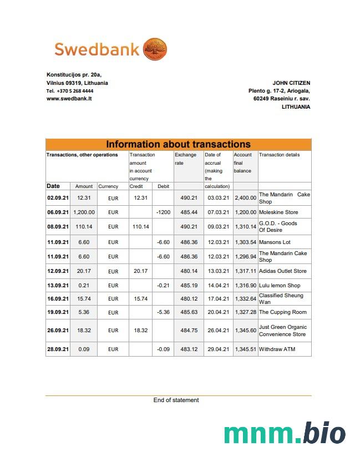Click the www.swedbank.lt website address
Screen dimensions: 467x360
coord(69,98)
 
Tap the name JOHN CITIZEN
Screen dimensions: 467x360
coord(291,83)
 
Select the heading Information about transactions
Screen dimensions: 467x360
coord(178,144)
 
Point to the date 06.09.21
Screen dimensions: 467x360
coord(58,212)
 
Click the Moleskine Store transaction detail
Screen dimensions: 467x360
coord(278,212)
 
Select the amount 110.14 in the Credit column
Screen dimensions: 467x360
coord(140,226)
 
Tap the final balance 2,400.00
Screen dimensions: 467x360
coord(245,197)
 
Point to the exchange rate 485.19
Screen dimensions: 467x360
coord(189,285)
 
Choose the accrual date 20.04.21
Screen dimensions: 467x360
coord(219,312)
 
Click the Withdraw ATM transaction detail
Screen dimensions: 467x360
coord(277,349)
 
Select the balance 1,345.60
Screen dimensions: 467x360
coord(245,330)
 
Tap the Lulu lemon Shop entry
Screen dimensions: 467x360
coord(280,285)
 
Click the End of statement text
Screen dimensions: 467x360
coord(176,400)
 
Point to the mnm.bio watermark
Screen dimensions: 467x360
coord(285,433)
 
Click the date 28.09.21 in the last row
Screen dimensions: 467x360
coord(58,349)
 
